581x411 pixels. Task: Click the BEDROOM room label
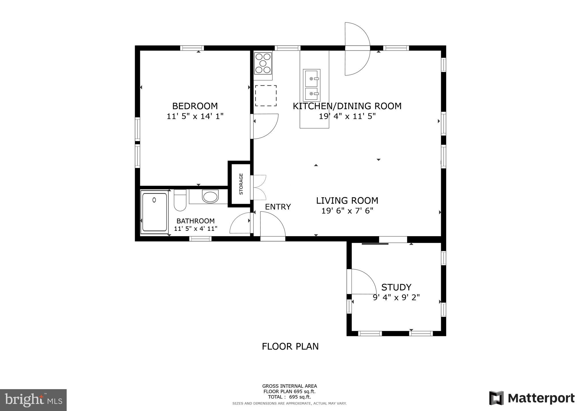tap(195, 106)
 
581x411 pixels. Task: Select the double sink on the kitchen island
tap(311, 85)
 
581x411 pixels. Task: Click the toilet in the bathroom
tap(180, 200)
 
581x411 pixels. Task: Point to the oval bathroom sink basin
tap(210, 197)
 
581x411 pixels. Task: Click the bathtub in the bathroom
tap(155, 212)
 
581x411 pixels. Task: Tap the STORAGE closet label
tap(241, 184)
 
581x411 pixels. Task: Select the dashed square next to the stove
tap(266, 96)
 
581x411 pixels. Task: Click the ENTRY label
tap(278, 207)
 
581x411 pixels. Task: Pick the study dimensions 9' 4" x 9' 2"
tap(396, 297)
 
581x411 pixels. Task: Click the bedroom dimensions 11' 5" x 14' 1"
tap(195, 116)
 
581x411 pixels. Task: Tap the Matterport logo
tap(532, 398)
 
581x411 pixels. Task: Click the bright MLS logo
tap(33, 400)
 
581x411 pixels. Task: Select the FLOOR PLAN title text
tap(290, 347)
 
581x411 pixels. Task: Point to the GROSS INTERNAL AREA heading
tap(289, 386)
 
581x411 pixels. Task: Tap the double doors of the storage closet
tap(260, 187)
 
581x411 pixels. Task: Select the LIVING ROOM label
tap(347, 201)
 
